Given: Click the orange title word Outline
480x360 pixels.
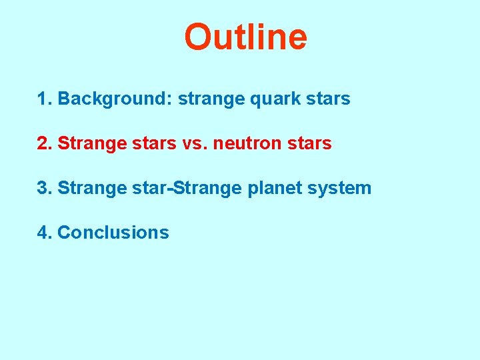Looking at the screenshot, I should point(245,37).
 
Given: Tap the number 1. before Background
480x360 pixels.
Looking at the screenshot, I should point(45,99).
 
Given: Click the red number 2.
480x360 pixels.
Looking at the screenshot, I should point(45,143).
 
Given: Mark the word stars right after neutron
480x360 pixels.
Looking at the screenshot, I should point(309,144).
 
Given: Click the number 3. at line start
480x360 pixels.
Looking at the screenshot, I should point(45,188).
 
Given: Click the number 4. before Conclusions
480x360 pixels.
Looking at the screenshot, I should point(45,233).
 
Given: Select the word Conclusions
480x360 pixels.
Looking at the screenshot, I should point(113,233).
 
